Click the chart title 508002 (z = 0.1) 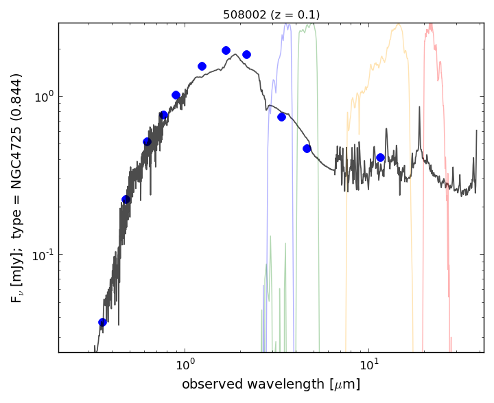pos(271,14)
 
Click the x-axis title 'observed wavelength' pos(270,384)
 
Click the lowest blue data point pos(102,322)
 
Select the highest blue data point pos(226,50)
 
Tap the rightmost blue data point pos(380,157)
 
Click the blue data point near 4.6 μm pos(307,148)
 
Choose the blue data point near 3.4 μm pos(281,117)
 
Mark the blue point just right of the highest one pos(246,54)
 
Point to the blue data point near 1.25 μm pos(202,66)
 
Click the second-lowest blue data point pos(126,199)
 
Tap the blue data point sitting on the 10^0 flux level pos(176,95)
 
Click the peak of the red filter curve pos(430,25)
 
